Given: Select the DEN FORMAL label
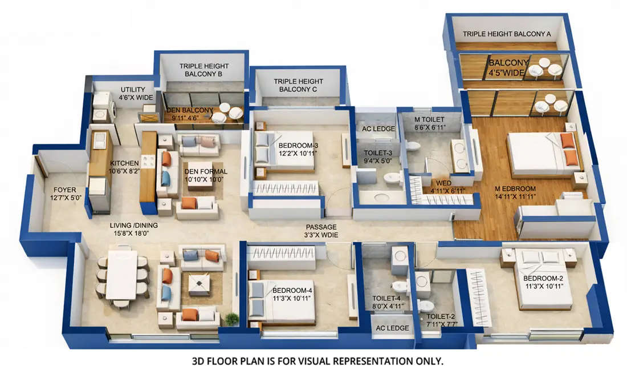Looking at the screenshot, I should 206,175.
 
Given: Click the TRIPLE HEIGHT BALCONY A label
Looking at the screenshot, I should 506,34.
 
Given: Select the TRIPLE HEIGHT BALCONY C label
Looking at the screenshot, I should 298,86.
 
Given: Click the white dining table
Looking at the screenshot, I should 121,276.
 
